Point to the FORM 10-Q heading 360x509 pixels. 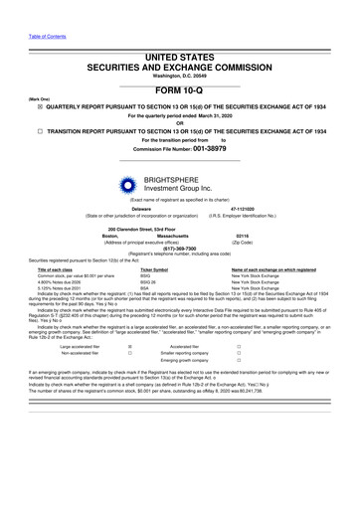179,88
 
